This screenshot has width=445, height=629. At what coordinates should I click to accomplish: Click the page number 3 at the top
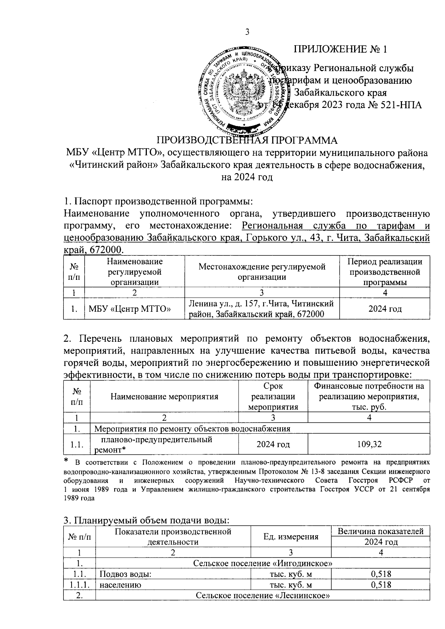point(247,32)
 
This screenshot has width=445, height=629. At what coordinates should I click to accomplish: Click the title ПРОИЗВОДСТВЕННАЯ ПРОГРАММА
point(247,141)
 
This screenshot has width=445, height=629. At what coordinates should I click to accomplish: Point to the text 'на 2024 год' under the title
point(247,177)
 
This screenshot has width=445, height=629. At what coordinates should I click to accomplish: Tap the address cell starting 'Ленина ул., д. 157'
point(262,309)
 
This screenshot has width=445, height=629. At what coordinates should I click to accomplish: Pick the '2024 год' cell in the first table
point(385,309)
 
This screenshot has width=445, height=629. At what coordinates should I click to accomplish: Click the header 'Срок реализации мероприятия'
point(273,396)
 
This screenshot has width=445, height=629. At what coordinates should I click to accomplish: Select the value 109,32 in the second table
point(369,444)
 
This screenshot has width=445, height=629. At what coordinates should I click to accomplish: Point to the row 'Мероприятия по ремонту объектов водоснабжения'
point(192,429)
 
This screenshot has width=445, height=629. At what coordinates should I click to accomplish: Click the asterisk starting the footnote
point(66,461)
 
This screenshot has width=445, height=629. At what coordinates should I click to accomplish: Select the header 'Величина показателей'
point(381,531)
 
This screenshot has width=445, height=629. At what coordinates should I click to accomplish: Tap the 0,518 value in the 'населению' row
point(381,585)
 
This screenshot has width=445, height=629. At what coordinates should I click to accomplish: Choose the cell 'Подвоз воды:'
point(126,574)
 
